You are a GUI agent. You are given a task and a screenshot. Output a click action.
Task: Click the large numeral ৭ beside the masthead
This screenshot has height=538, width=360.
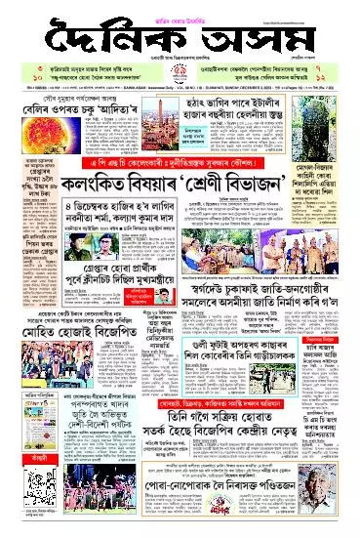333,71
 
